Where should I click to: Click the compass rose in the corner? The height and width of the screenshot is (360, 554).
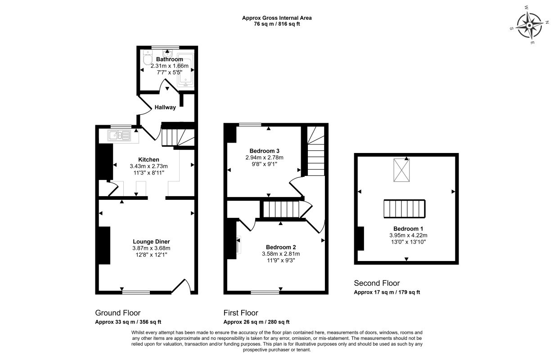click(x=529, y=25)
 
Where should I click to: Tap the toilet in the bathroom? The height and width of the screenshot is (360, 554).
click(x=148, y=57)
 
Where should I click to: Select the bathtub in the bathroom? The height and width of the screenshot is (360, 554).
click(x=185, y=70)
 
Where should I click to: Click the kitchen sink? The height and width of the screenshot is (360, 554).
click(x=119, y=135)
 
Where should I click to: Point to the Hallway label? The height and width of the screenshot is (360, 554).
click(x=165, y=107)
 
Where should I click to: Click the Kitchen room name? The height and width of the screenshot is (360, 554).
click(x=149, y=159)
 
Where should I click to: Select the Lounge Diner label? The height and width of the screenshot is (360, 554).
click(x=151, y=242)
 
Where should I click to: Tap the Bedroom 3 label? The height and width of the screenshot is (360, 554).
click(x=264, y=151)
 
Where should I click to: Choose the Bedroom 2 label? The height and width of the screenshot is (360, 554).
click(x=281, y=247)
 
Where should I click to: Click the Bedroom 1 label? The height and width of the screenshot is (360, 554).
click(x=408, y=229)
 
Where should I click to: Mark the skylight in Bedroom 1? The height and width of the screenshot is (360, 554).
click(x=401, y=170)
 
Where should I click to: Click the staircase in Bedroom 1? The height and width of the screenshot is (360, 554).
click(x=405, y=209)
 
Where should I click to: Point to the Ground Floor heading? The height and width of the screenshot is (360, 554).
click(x=118, y=313)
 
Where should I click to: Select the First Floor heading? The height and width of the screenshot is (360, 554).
click(x=241, y=313)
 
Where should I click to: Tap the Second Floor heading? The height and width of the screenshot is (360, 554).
click(x=377, y=283)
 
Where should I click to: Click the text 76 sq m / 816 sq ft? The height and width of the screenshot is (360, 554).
click(x=277, y=24)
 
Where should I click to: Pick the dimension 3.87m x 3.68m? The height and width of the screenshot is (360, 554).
click(x=151, y=248)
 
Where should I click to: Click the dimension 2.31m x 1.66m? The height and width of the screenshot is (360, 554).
click(x=170, y=66)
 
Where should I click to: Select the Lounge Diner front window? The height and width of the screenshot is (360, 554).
click(x=136, y=292)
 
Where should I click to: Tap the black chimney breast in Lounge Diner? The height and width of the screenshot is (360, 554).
click(x=104, y=245)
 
